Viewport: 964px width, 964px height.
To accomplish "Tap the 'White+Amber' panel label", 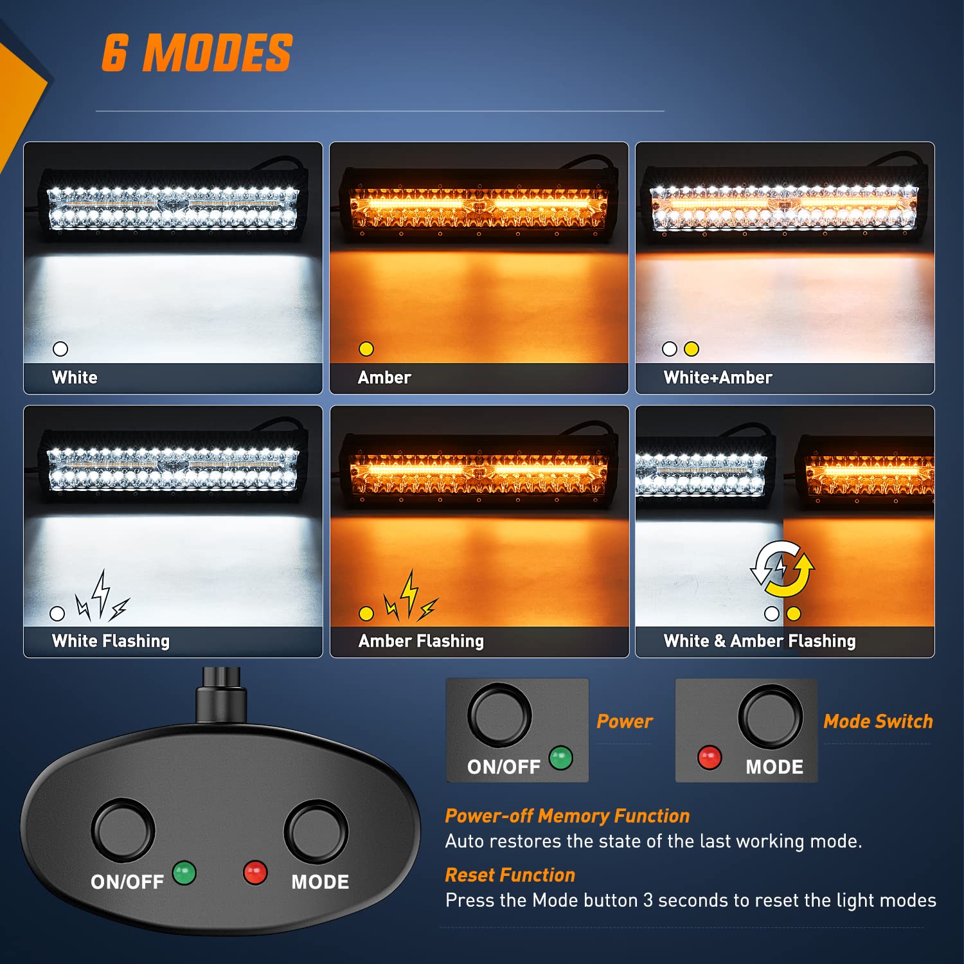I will coord(718,377).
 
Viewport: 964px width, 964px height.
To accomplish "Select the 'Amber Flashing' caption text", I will coord(421,641).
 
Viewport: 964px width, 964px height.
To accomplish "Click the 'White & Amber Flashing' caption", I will coord(760,641).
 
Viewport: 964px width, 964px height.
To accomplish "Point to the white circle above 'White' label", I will coord(60,349).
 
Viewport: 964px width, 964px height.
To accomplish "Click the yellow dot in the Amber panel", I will coord(366,349).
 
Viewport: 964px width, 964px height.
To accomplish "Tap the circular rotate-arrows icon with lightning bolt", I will coord(782,569).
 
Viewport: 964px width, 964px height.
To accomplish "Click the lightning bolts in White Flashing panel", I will coord(102,598).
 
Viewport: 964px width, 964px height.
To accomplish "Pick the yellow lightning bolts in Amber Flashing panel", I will coord(410,598).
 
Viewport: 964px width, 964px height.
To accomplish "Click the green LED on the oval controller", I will coord(184,873).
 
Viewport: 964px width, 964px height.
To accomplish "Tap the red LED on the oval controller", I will coord(255,873).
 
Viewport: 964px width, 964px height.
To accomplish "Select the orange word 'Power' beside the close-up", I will coord(624,721).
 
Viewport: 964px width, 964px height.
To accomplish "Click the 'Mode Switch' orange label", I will coord(878,721).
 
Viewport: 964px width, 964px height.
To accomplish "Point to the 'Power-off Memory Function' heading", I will coord(567,816).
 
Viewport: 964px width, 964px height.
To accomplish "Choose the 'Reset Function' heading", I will coord(510,875).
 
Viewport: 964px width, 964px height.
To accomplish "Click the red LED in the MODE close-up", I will coord(710,758).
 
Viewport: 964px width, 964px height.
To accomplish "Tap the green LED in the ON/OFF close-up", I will coord(560,758).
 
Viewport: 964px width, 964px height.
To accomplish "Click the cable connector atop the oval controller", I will coord(221,697).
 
